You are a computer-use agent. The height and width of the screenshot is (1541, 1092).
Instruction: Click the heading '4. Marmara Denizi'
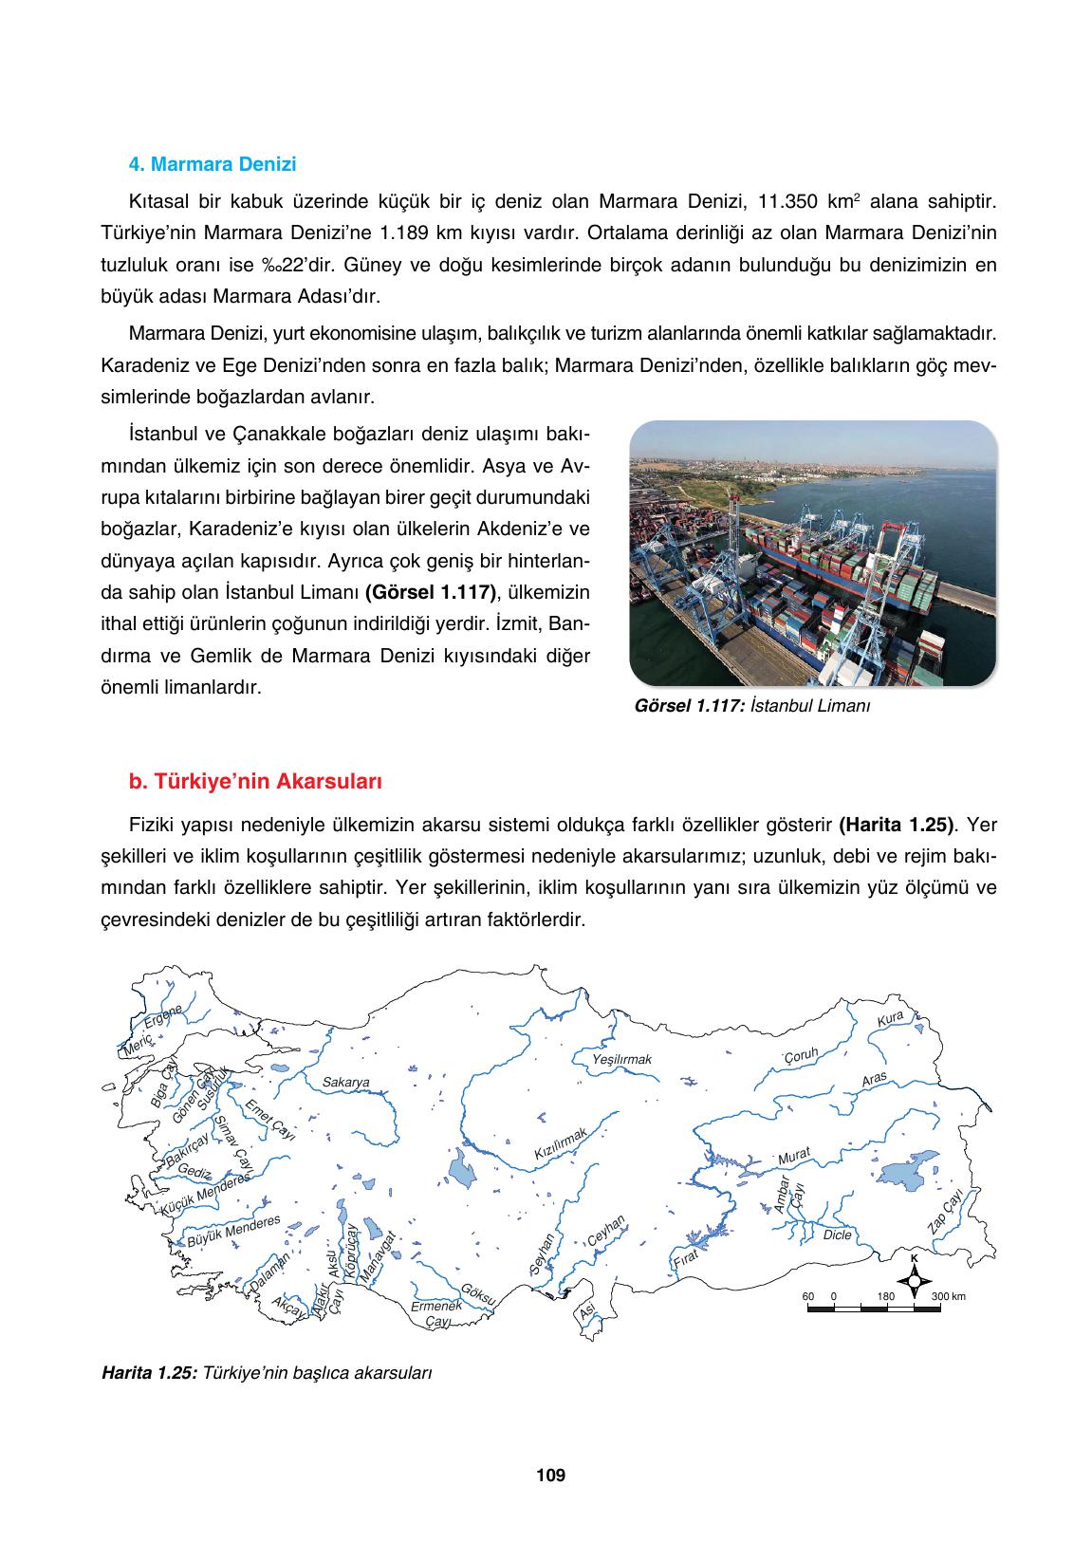tap(212, 164)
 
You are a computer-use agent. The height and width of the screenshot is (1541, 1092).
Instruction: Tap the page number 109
tap(549, 1475)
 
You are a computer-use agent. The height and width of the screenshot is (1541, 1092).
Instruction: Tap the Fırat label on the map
tap(685, 1259)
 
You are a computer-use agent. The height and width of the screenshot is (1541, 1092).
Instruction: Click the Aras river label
tap(874, 1081)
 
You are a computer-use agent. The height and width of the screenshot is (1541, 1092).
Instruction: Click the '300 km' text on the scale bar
tap(948, 1296)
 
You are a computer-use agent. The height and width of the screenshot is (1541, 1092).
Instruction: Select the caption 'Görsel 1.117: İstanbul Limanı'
tap(751, 706)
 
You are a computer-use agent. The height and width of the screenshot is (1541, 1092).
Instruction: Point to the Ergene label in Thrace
tap(162, 1017)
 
